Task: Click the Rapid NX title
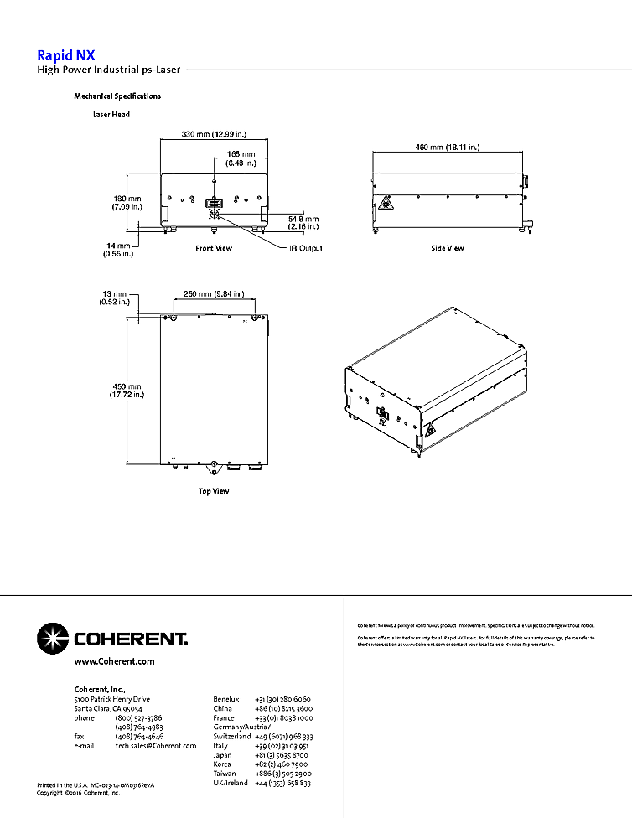coord(60,56)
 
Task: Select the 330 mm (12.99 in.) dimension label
coord(214,134)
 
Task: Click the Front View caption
coord(214,248)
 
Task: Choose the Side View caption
coord(447,248)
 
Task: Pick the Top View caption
coord(214,491)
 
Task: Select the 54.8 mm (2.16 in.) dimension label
coord(302,222)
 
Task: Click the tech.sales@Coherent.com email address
coord(156,746)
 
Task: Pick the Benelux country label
coord(226,699)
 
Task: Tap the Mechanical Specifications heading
coord(117,96)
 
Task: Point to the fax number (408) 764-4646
coord(139,736)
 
